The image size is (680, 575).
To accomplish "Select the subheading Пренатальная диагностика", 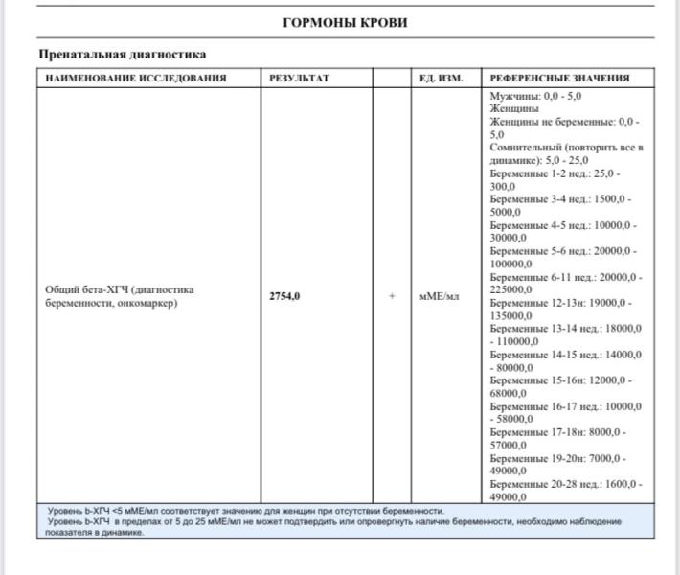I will [122, 55].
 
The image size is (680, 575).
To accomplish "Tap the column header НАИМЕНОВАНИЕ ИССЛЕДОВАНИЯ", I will [135, 78].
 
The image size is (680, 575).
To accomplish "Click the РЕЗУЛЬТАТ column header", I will [300, 78].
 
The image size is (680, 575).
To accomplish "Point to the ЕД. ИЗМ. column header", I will [442, 78].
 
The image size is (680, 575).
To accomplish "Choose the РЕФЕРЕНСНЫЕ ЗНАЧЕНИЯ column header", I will [559, 78].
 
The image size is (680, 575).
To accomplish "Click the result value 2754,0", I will [284, 296].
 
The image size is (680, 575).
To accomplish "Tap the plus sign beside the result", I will [392, 296].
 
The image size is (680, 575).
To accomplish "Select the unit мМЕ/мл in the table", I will [440, 296].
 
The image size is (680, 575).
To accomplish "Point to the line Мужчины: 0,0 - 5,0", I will [535, 97].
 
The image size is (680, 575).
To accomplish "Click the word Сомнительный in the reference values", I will [524, 148].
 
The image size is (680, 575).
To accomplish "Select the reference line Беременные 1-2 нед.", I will [553, 174].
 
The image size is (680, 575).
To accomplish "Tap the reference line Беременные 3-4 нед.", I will [558, 199].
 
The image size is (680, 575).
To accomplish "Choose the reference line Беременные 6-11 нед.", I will [564, 277].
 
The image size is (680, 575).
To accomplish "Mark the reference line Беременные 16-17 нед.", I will [564, 406].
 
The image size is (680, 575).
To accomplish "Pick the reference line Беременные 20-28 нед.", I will [564, 484].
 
